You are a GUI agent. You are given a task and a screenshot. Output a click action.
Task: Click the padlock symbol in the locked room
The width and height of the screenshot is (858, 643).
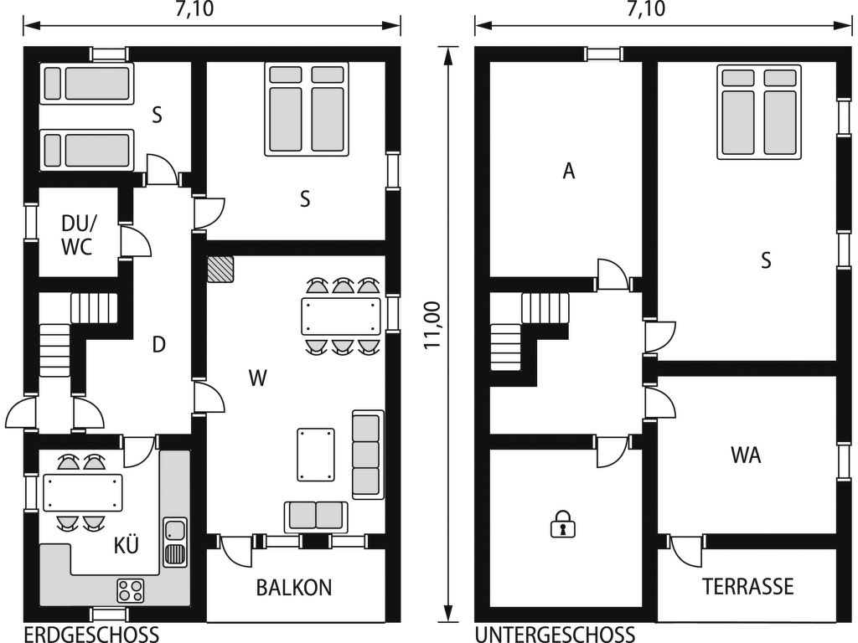562,524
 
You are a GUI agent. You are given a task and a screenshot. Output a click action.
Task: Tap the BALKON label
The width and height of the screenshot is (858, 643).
294,587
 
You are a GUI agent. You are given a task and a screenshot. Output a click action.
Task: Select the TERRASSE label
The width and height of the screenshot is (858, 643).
747,586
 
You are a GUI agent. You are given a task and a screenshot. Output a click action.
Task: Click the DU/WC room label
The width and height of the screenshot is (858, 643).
78,234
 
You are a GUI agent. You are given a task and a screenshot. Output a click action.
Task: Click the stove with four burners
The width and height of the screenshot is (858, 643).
130,590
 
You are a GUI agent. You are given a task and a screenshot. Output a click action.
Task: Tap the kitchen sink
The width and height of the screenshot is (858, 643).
175,543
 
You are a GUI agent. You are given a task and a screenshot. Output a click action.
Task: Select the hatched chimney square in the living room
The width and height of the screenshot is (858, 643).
220,269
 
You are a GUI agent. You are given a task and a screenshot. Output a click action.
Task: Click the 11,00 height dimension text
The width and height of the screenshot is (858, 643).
433,325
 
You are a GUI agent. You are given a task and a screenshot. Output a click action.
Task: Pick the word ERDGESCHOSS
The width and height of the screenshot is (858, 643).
92,635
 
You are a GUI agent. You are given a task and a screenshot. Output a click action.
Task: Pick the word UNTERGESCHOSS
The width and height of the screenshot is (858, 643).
555,635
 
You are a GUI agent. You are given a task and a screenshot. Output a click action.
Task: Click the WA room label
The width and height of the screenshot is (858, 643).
745,455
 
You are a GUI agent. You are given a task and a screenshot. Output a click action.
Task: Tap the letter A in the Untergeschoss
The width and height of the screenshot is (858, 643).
569,171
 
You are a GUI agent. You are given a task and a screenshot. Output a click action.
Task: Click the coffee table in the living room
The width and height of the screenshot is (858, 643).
316,455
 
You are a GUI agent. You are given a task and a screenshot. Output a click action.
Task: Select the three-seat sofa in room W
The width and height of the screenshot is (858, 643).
368,454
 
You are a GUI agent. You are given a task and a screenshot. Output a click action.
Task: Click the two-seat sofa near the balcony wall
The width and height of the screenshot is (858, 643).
316,516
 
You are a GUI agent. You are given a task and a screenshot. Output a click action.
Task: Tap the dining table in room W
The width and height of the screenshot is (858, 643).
341,316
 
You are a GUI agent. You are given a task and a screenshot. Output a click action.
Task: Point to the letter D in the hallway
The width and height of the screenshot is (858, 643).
158,344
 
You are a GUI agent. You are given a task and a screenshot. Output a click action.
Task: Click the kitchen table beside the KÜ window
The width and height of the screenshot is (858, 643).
83,492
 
